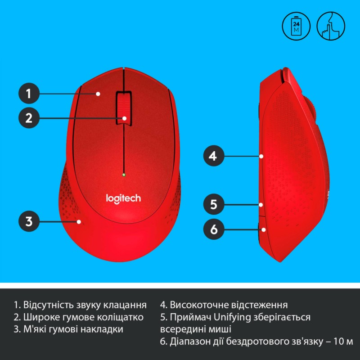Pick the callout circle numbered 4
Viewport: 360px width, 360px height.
pyautogui.click(x=213, y=156)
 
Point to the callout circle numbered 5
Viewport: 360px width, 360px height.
pyautogui.click(x=213, y=205)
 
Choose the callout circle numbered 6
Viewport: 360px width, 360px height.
pyautogui.click(x=213, y=229)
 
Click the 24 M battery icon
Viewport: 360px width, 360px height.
pyautogui.click(x=296, y=25)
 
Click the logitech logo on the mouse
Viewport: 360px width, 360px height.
pyautogui.click(x=123, y=198)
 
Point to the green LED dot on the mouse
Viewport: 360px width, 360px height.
pyautogui.click(x=123, y=174)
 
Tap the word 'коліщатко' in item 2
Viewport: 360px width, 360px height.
pyautogui.click(x=122, y=317)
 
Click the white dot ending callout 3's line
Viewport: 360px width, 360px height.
pyautogui.click(x=79, y=221)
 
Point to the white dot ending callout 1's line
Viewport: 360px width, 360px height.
pyautogui.click(x=98, y=94)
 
